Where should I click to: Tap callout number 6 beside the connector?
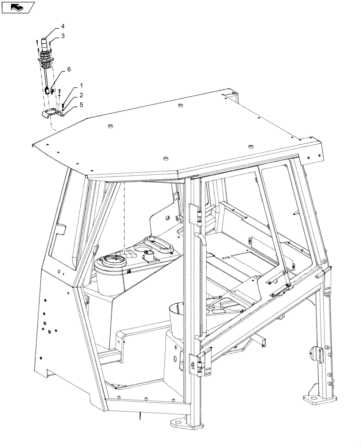[x=69, y=69]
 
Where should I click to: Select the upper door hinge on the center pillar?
[x=194, y=212]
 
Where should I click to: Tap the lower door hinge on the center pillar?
[x=194, y=362]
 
